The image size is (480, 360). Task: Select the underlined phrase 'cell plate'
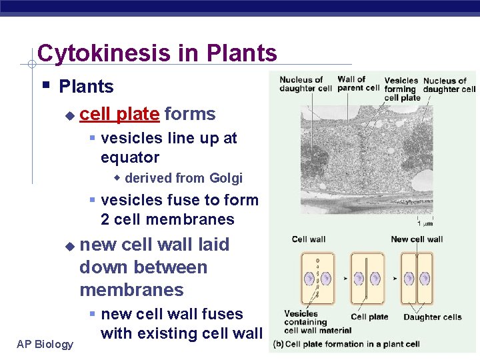click(x=119, y=114)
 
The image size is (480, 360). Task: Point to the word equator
click(x=130, y=158)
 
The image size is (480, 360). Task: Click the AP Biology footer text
click(x=45, y=344)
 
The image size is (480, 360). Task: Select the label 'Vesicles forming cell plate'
click(x=401, y=89)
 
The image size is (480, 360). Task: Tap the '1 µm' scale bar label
click(x=425, y=223)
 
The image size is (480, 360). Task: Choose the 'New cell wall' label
click(x=417, y=239)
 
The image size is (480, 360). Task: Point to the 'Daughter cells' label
click(x=432, y=317)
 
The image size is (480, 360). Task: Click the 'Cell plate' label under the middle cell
click(x=369, y=317)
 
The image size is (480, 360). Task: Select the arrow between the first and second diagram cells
click(x=345, y=277)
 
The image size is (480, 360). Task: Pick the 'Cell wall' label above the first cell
click(x=308, y=239)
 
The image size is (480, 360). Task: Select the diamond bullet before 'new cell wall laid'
click(x=69, y=246)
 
